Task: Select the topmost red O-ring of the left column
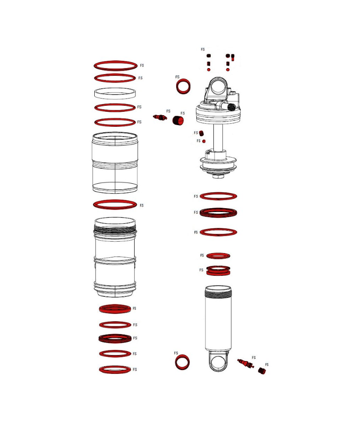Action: pos(116,62)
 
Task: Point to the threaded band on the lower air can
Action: pos(115,231)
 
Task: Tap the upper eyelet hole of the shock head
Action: pos(218,88)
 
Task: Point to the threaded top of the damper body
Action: pos(218,292)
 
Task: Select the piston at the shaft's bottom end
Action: pos(218,165)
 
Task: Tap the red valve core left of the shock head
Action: pos(160,117)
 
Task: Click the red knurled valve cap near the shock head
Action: pos(178,120)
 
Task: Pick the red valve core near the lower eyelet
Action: pos(246,363)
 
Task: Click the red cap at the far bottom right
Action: pos(262,370)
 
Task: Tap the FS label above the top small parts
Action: pos(203,49)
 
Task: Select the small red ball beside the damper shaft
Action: pos(204,141)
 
